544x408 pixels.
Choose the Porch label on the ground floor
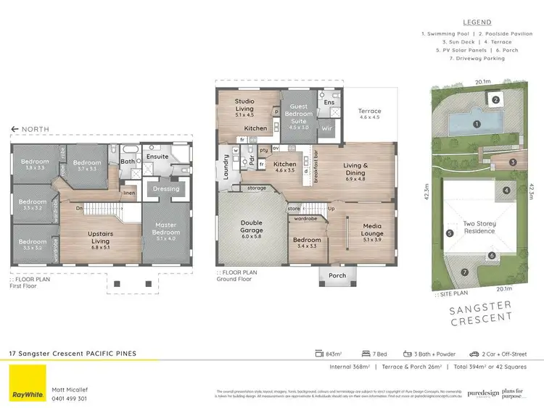337,275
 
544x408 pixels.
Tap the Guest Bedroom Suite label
299,117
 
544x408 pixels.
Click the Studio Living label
244,106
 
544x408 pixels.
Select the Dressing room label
167,189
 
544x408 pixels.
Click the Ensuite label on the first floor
157,157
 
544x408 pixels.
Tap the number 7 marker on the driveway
466,272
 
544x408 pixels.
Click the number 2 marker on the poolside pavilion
495,100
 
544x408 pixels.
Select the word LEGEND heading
476,22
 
